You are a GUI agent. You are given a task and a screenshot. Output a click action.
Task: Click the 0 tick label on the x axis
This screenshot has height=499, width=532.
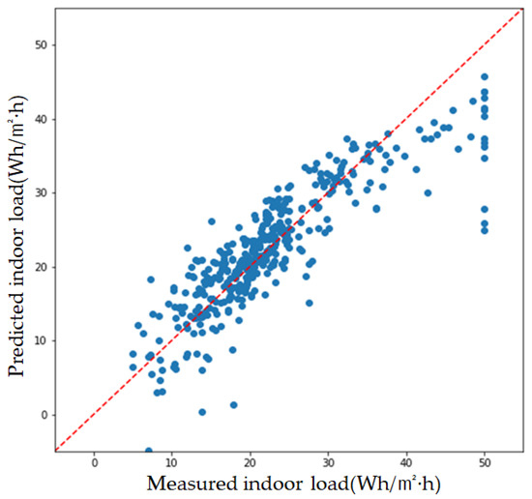point(95,463)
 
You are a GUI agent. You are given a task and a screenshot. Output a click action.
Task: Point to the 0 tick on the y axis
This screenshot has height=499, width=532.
point(42,415)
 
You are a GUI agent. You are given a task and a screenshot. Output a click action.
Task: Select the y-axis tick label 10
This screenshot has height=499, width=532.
point(39,340)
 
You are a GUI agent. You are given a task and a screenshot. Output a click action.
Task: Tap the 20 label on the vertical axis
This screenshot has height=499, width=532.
point(39,267)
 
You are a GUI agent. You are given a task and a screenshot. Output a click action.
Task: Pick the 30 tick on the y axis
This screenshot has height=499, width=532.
point(39,192)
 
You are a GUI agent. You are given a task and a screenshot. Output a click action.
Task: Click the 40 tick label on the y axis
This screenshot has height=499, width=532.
point(39,119)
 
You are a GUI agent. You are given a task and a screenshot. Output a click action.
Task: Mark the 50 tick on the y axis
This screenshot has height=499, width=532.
point(39,45)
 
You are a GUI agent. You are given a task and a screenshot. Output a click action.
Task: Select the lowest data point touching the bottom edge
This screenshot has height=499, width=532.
point(149,451)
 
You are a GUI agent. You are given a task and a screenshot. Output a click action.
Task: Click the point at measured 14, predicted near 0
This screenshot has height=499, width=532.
point(202,412)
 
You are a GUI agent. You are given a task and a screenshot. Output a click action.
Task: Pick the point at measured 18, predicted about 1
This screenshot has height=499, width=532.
point(234,405)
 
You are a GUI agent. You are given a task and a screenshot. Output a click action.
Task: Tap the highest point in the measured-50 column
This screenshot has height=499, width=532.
point(485,76)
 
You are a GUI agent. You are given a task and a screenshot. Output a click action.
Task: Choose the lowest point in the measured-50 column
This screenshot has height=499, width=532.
point(485,230)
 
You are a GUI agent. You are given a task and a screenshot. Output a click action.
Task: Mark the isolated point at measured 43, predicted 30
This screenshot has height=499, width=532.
point(428,192)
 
